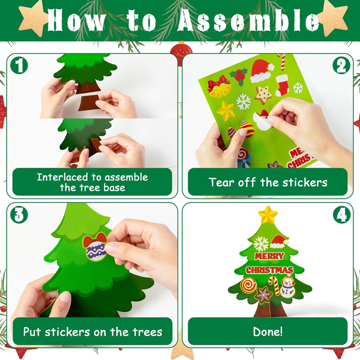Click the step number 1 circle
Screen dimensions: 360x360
coord(19,65)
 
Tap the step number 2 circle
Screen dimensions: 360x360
coord(342,65)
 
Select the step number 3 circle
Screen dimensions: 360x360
coord(19,215)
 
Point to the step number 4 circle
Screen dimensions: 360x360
coord(342,215)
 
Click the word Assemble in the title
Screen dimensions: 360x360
coord(248,21)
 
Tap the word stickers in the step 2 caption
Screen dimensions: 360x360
coord(305,183)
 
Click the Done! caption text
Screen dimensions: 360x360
coord(268,332)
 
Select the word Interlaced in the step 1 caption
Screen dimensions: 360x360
coord(62,177)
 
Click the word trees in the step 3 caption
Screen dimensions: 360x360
coord(148,332)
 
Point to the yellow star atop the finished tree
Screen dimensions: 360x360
coord(268,215)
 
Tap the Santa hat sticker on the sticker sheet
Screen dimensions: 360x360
coord(261,71)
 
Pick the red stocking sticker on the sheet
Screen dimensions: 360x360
coord(282,85)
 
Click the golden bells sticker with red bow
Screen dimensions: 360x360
coord(219,87)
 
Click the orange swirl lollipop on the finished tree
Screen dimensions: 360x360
coord(248,285)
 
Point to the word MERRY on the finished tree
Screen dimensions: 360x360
coord(270,256)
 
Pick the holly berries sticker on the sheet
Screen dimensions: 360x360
coord(239,76)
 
